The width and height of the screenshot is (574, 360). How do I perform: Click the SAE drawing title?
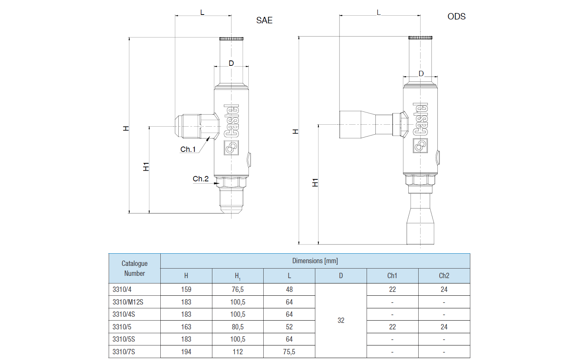pos(264,20)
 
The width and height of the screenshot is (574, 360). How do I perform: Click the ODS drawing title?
pos(457,16)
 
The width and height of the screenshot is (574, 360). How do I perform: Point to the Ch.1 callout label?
pos(188,149)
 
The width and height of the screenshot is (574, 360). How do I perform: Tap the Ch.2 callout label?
pos(201,179)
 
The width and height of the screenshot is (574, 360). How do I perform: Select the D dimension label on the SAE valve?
pos(231,63)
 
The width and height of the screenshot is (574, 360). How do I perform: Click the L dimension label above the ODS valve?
pos(379,13)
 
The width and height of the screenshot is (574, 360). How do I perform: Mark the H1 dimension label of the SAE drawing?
pos(146,167)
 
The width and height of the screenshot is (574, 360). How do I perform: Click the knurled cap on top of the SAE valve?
pos(231,38)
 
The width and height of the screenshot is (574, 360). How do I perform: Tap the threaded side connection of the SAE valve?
pos(188,126)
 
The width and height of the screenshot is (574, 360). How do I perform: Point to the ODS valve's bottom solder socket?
pos(420,226)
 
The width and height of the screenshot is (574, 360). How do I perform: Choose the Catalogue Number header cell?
pos(134,268)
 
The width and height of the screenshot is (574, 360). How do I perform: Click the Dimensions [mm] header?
pos(315,261)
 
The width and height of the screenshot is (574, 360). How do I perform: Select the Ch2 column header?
pos(444,275)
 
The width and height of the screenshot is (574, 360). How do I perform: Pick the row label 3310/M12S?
pos(128,302)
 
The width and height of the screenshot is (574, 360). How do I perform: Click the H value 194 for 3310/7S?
pos(186,352)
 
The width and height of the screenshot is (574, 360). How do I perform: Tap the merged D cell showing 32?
pos(341,321)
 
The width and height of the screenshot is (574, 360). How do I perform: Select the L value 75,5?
pos(289,352)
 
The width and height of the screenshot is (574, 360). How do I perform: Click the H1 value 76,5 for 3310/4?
pos(238,290)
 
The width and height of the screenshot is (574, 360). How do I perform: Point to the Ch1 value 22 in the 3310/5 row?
pos(392,327)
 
